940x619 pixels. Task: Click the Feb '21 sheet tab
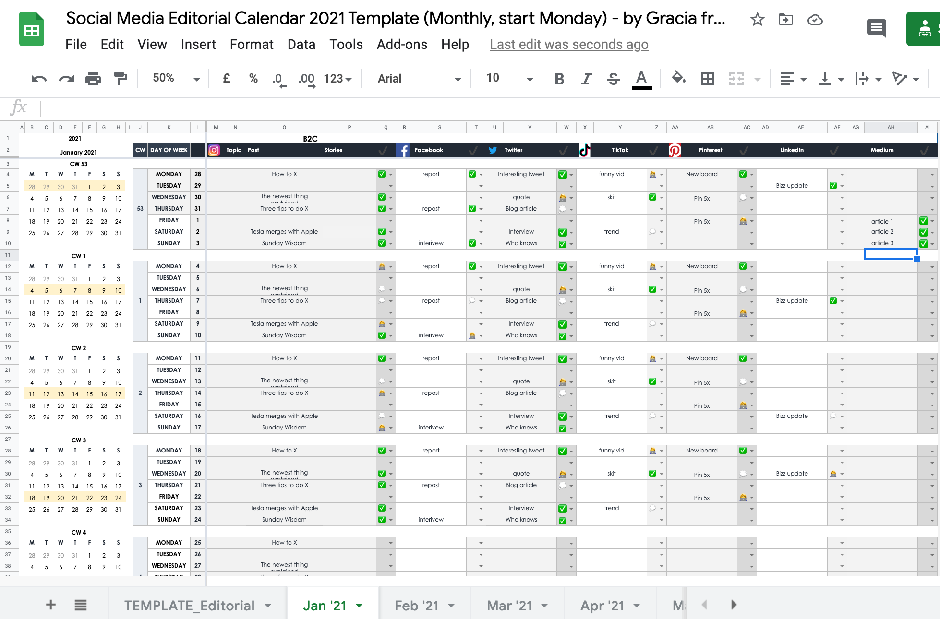pyautogui.click(x=417, y=606)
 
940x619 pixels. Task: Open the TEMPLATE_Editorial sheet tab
pyautogui.click(x=189, y=606)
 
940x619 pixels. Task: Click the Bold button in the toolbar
pyautogui.click(x=559, y=79)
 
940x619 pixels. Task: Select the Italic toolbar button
pyautogui.click(x=586, y=79)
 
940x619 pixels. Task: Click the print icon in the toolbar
pyautogui.click(x=93, y=79)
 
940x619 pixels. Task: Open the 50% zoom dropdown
pyautogui.click(x=176, y=78)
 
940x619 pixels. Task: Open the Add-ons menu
pyautogui.click(x=401, y=45)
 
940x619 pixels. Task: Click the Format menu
pyautogui.click(x=251, y=45)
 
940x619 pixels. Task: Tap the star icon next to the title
pyautogui.click(x=757, y=20)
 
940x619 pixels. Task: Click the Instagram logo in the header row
pyautogui.click(x=214, y=150)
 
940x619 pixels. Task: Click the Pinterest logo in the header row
pyautogui.click(x=675, y=150)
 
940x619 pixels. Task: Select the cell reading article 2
pyautogui.click(x=882, y=232)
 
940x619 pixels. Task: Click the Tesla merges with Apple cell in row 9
pyautogui.click(x=284, y=232)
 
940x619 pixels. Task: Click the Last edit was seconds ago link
pyautogui.click(x=568, y=45)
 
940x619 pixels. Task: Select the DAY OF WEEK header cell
pyautogui.click(x=169, y=150)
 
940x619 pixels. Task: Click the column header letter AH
pyautogui.click(x=891, y=127)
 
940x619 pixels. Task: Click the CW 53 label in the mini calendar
pyautogui.click(x=79, y=164)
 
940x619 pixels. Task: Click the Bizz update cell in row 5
pyautogui.click(x=792, y=186)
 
